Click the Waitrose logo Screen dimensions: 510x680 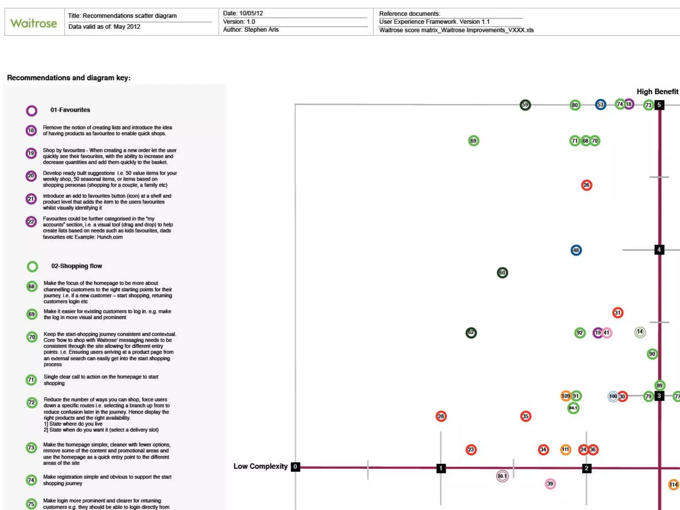[x=34, y=23]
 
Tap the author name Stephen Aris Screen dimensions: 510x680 [x=261, y=30]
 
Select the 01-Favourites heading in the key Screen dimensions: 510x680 [x=70, y=110]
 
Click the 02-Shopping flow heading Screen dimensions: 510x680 [x=76, y=266]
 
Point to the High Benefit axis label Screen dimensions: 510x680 [x=657, y=92]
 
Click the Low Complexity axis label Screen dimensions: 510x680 [x=260, y=466]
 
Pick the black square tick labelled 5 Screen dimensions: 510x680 [x=659, y=105]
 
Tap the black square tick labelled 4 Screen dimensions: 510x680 [x=659, y=249]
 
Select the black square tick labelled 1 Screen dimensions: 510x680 [x=441, y=468]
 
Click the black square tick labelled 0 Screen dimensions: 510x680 [x=295, y=467]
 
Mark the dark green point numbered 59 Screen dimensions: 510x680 [x=525, y=105]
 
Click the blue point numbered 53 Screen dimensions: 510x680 [x=600, y=105]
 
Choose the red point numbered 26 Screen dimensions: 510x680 [x=587, y=185]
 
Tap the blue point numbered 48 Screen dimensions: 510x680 [x=576, y=250]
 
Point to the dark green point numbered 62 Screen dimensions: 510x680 [x=471, y=332]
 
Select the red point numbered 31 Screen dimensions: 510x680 [x=618, y=312]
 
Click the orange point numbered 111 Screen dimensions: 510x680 [x=565, y=450]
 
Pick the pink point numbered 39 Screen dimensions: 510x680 [x=550, y=484]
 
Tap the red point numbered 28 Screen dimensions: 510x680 [x=441, y=416]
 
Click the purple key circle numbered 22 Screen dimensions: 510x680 [x=31, y=221]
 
